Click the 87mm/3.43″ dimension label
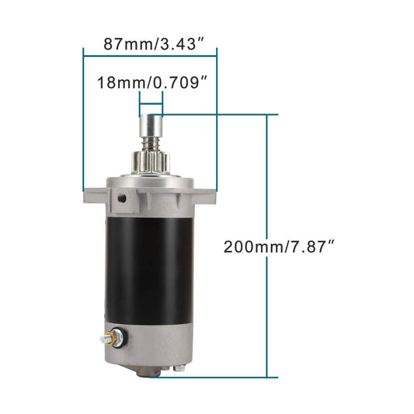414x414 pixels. tap(149, 43)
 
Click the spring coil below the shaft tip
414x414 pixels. tap(150, 142)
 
